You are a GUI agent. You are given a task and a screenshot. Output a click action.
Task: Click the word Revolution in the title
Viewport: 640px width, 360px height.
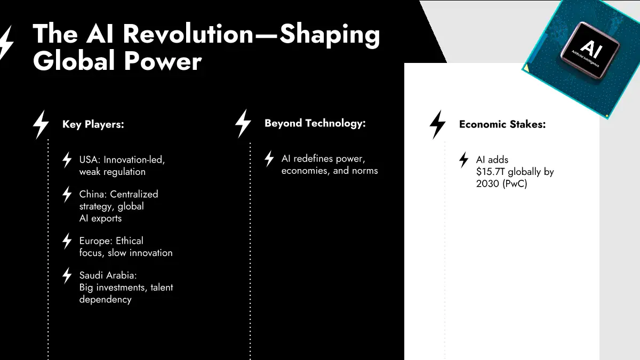(188, 34)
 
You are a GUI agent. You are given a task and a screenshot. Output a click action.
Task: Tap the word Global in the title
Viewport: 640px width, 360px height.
(74, 61)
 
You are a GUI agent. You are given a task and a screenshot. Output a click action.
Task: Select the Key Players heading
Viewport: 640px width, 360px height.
(93, 124)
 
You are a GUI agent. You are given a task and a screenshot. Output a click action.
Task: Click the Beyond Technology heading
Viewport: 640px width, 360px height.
(315, 123)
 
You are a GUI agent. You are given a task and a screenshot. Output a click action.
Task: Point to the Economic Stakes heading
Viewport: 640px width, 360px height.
(502, 124)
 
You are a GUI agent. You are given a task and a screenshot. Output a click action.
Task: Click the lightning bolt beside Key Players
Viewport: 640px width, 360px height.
(41, 125)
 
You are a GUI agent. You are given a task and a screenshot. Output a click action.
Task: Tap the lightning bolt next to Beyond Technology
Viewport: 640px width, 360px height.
(243, 123)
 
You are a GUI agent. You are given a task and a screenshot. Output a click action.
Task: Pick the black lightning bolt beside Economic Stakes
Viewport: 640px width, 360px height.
(437, 125)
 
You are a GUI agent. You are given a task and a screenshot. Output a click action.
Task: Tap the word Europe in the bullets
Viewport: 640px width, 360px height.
(94, 241)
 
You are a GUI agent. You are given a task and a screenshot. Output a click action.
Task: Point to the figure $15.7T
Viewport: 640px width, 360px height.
(490, 172)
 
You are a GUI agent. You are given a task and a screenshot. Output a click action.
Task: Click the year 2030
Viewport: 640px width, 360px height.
(487, 183)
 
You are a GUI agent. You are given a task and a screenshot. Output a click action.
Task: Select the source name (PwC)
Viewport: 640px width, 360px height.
(515, 183)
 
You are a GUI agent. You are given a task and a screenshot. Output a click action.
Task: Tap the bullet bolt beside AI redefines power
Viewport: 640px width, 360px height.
(269, 159)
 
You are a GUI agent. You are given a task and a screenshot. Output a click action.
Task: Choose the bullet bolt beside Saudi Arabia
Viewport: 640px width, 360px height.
(67, 276)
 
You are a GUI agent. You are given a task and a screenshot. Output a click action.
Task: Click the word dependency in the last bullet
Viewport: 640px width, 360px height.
(106, 300)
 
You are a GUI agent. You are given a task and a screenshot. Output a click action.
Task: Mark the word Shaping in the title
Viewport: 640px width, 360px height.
(330, 35)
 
